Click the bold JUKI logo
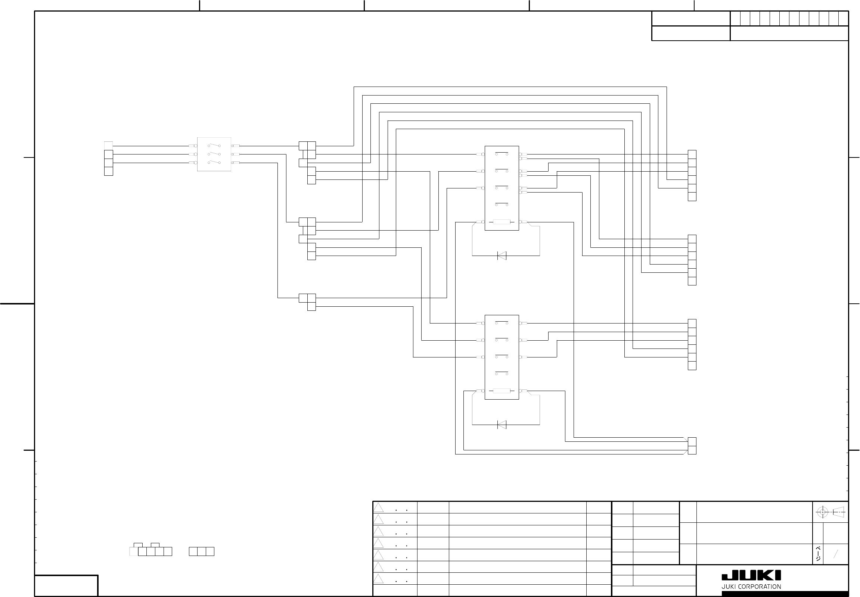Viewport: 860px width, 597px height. [751, 576]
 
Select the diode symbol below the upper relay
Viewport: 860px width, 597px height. [502, 256]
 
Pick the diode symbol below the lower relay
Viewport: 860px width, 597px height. [502, 425]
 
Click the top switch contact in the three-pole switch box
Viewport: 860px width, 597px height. [214, 145]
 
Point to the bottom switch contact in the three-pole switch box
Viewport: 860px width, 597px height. [214, 162]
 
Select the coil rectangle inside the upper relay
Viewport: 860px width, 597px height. [502, 222]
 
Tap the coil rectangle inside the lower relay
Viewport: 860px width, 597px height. [502, 391]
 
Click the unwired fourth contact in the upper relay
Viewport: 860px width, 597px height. [502, 204]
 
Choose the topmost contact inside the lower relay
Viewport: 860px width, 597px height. [502, 322]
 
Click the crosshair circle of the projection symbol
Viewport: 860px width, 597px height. [822, 512]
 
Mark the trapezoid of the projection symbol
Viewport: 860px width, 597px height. [839, 512]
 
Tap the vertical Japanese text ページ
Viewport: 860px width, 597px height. [819, 554]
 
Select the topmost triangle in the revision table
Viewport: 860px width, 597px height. [379, 507]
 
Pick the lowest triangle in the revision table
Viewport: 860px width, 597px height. [379, 579]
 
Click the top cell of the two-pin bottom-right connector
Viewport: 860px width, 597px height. [692, 442]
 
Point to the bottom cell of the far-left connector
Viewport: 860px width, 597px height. [109, 171]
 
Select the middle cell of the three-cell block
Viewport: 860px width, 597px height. [201, 551]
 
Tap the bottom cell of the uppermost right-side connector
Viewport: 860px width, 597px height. [692, 197]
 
